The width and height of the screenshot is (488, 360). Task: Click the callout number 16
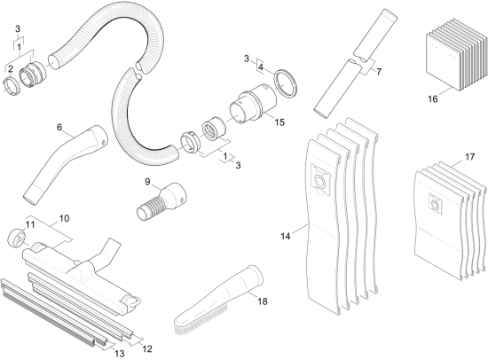[433, 99]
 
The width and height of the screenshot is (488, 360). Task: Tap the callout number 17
[469, 157]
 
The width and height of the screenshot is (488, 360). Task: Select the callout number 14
[286, 236]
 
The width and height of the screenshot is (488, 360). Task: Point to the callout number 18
[263, 301]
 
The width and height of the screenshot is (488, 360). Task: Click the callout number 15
[279, 122]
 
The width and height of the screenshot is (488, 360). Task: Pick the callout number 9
[147, 182]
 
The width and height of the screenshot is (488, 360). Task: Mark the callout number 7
[379, 72]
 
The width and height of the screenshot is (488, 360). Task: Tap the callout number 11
[30, 224]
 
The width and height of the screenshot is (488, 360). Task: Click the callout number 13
[120, 354]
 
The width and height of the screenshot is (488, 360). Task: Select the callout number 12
[147, 348]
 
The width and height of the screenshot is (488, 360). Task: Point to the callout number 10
[64, 218]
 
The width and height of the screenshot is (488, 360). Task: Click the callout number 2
[11, 69]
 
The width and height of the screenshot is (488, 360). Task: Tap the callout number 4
[261, 67]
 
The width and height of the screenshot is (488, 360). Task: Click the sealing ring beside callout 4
[286, 83]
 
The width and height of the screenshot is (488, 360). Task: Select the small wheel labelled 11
[16, 239]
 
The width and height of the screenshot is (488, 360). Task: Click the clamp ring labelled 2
[11, 88]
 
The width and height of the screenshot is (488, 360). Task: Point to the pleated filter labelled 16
[456, 55]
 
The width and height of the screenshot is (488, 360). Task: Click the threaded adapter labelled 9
[161, 201]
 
